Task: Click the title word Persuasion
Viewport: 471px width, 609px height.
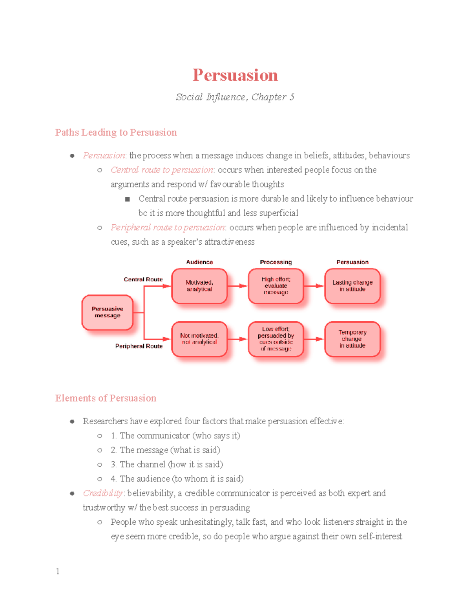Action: tap(235, 75)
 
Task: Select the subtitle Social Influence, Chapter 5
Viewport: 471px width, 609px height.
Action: tap(235, 97)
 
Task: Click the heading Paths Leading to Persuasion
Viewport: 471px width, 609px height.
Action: tap(116, 133)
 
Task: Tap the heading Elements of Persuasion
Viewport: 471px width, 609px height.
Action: tap(106, 398)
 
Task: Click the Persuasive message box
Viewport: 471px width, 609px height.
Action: tap(107, 312)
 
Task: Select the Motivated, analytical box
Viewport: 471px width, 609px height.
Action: tap(199, 286)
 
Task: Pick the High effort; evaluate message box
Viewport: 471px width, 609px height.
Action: tap(276, 286)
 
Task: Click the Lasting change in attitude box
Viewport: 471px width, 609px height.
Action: tap(352, 286)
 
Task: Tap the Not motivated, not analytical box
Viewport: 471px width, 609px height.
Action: tap(199, 339)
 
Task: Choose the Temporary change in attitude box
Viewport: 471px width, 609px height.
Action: tap(352, 339)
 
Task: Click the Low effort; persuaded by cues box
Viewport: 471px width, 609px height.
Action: tap(276, 339)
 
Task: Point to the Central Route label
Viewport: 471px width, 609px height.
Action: tap(143, 280)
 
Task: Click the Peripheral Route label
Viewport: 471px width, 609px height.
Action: tap(139, 346)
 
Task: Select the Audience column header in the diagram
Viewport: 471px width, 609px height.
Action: tap(199, 262)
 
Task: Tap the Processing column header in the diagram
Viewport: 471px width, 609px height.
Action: tap(276, 262)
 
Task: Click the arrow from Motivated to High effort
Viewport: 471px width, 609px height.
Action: tap(237, 286)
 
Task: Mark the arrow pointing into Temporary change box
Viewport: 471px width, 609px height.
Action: tap(314, 339)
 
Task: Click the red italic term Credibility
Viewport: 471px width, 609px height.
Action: tap(103, 493)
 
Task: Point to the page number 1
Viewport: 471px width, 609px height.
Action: tap(58, 571)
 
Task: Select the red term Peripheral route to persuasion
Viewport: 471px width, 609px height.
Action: tap(168, 228)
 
